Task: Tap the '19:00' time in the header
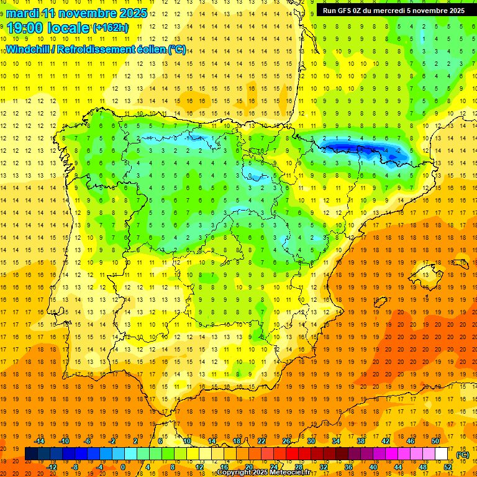pos(25,27)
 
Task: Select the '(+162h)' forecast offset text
pos(110,27)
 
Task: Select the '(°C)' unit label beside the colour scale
pos(462,455)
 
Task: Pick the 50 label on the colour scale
pos(435,441)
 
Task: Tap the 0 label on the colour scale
pos(122,467)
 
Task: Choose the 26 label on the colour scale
pos(286,441)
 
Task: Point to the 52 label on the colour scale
pos(448,467)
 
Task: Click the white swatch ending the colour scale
pos(442,454)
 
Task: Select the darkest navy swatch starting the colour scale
pos(31,454)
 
